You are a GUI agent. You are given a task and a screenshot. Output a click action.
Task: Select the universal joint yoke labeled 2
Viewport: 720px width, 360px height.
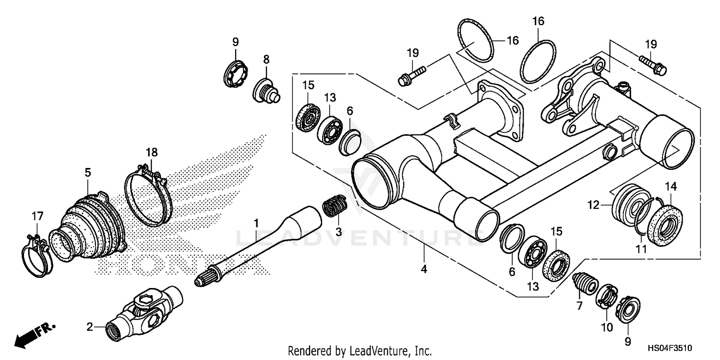(144, 313)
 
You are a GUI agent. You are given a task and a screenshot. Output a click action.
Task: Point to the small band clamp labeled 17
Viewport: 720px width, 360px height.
(36, 257)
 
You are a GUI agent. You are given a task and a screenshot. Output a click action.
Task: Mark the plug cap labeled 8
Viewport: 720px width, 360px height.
(268, 91)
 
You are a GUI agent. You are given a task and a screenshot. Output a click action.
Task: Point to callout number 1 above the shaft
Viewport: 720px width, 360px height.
(256, 223)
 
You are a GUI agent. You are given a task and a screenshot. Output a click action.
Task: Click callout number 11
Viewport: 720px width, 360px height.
(641, 249)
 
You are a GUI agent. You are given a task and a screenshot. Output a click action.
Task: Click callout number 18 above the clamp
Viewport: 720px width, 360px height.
(152, 153)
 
